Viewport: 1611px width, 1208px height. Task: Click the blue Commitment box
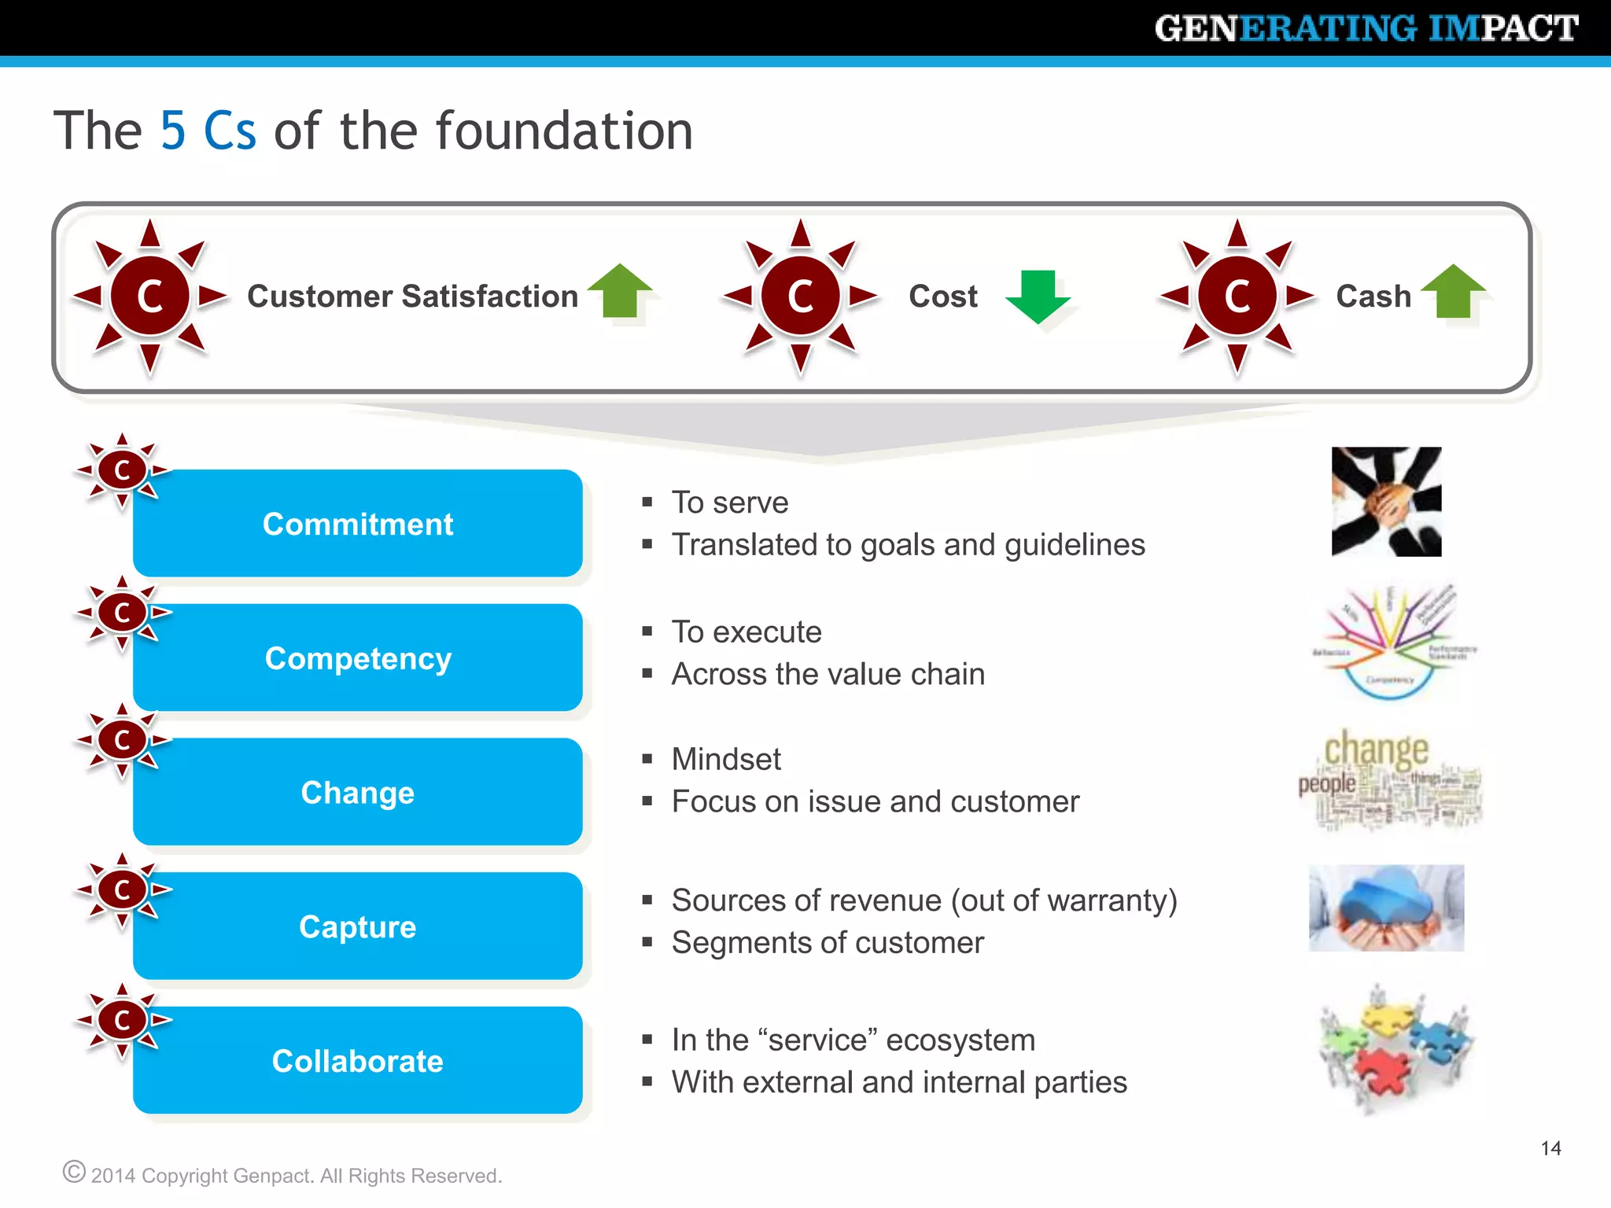[358, 524]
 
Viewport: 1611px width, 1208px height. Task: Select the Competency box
[358, 658]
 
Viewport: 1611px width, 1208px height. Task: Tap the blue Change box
[358, 792]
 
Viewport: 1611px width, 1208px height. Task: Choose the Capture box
[358, 926]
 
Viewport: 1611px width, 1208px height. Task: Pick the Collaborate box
[358, 1060]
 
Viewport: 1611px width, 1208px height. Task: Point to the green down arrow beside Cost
[1038, 296]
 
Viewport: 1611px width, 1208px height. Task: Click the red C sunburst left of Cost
[800, 296]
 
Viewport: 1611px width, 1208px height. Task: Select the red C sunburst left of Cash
[1237, 296]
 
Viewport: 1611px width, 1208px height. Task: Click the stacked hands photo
[1386, 502]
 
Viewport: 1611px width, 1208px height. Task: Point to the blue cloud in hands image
[1386, 908]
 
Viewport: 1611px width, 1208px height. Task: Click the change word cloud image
[1390, 779]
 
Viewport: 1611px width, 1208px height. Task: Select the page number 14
[1550, 1148]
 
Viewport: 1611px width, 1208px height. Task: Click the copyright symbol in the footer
[74, 1172]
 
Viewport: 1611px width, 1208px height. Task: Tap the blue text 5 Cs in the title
[208, 131]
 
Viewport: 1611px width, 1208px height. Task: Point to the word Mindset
[726, 760]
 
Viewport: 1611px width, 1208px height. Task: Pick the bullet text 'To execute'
[747, 632]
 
